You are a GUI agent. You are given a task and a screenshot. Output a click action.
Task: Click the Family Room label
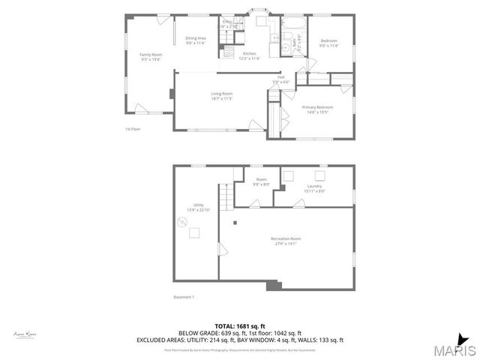click(x=151, y=55)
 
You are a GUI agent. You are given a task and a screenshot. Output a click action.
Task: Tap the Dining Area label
click(x=196, y=38)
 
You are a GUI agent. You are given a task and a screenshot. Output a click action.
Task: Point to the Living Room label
click(x=221, y=94)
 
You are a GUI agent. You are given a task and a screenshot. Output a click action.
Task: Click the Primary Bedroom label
click(x=317, y=107)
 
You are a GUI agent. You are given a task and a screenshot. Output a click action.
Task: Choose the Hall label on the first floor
click(x=281, y=76)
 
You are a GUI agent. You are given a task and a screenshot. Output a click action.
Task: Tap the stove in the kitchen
click(x=229, y=52)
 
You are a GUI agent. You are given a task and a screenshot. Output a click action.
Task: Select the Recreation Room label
click(x=286, y=239)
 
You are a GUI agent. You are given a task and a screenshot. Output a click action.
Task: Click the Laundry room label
click(x=315, y=186)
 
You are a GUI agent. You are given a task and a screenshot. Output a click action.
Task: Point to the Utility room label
click(x=199, y=205)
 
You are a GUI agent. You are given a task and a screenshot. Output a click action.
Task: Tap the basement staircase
click(x=238, y=193)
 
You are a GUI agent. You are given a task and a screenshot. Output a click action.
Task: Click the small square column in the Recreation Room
click(x=234, y=223)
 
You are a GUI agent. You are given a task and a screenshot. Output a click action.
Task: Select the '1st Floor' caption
click(x=133, y=128)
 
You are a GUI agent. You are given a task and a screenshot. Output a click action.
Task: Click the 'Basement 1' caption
click(x=184, y=297)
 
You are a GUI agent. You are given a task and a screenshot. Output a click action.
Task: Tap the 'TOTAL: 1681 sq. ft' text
click(x=239, y=326)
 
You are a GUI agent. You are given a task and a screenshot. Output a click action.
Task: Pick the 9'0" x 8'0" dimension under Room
click(x=261, y=184)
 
